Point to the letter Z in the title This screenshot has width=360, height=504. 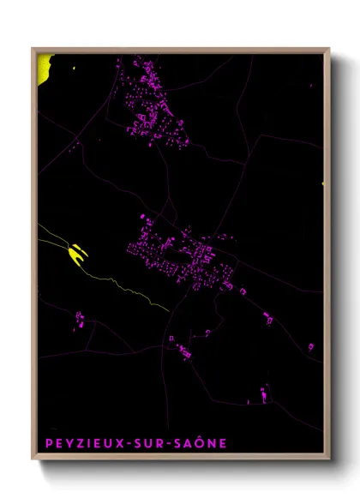tap(74, 443)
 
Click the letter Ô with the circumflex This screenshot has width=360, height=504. tap(202, 442)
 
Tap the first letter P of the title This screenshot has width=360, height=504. tap(46, 443)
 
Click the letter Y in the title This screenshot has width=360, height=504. tap(64, 443)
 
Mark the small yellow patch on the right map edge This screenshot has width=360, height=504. tap(323, 183)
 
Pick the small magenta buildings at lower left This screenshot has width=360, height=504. tap(79, 320)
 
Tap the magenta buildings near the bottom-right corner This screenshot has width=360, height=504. tap(261, 393)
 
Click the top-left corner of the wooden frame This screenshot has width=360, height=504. tap(33, 50)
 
